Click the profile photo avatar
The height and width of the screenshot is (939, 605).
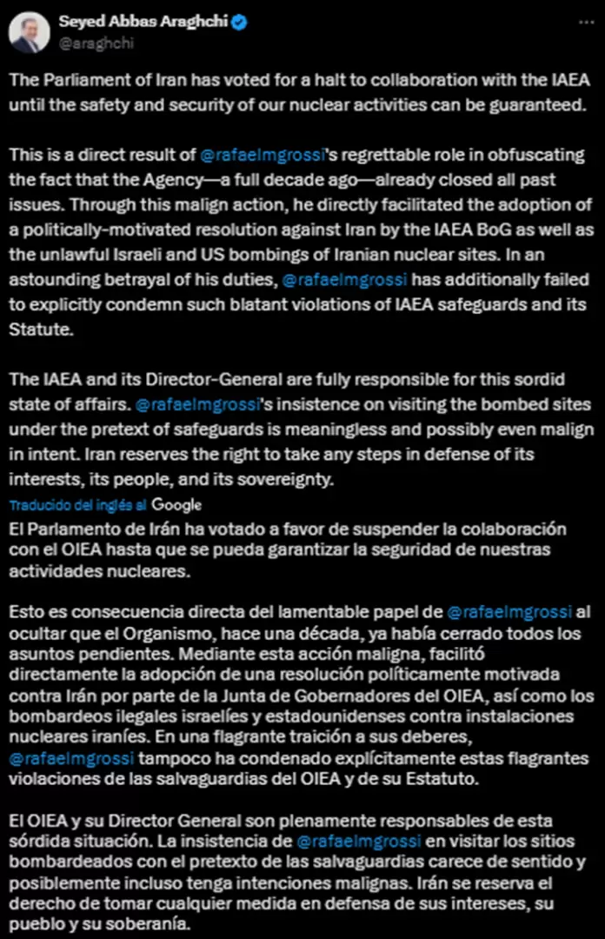click(x=29, y=32)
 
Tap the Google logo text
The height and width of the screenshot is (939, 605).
click(x=176, y=505)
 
